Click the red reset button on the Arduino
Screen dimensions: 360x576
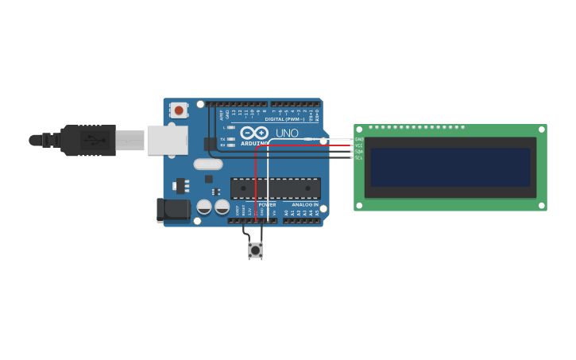179,110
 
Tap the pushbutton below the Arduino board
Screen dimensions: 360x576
255,251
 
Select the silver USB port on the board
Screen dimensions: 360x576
167,140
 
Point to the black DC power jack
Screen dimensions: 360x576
173,210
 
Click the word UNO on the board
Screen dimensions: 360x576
287,133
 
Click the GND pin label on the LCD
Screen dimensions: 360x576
359,139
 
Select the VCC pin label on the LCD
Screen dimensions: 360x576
359,145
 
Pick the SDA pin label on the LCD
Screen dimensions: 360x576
359,152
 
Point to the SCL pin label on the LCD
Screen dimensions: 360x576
359,158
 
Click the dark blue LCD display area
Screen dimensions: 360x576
450,167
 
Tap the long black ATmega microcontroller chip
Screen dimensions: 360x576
276,188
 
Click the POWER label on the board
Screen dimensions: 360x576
267,204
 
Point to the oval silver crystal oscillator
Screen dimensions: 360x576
208,165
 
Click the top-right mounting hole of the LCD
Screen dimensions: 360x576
542,129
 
